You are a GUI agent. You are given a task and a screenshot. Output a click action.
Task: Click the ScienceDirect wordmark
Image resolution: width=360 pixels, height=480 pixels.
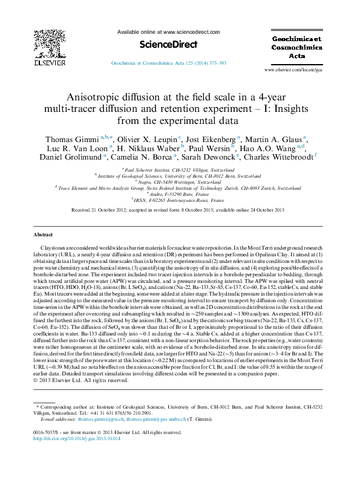click(162, 44)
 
